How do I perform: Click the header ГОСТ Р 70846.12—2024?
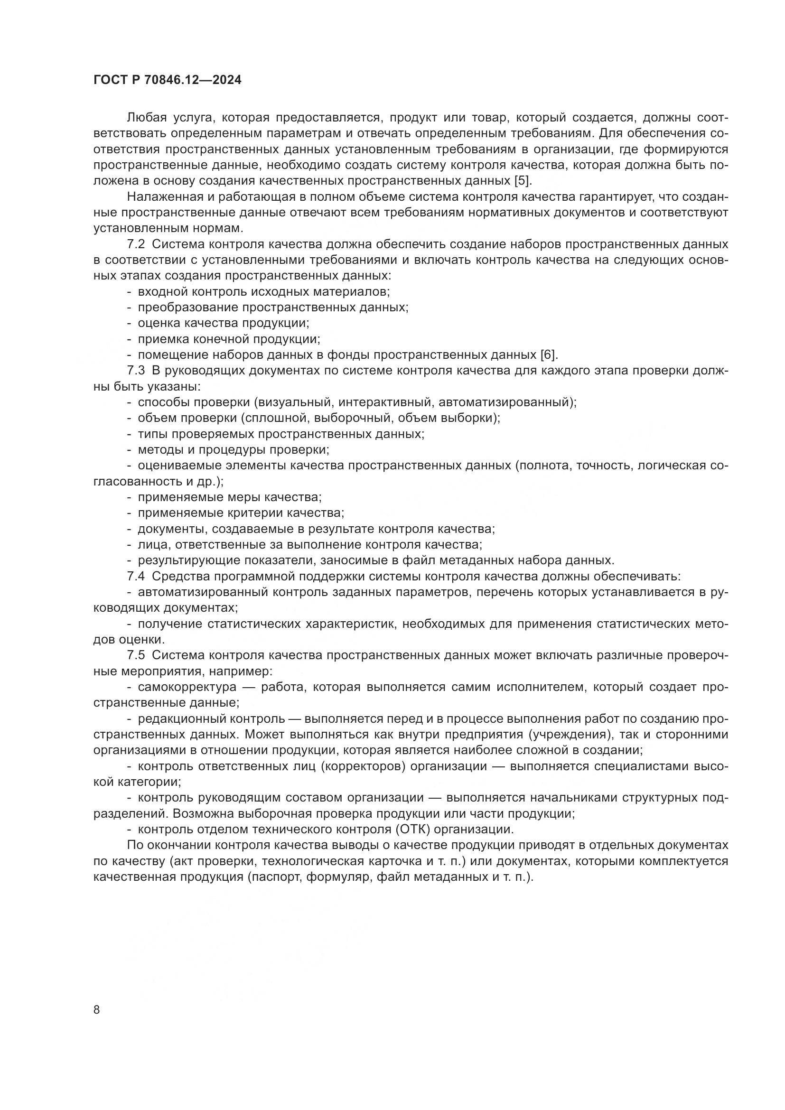(x=167, y=80)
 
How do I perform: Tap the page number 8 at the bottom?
(x=97, y=1009)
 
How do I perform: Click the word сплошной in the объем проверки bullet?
(x=270, y=418)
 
